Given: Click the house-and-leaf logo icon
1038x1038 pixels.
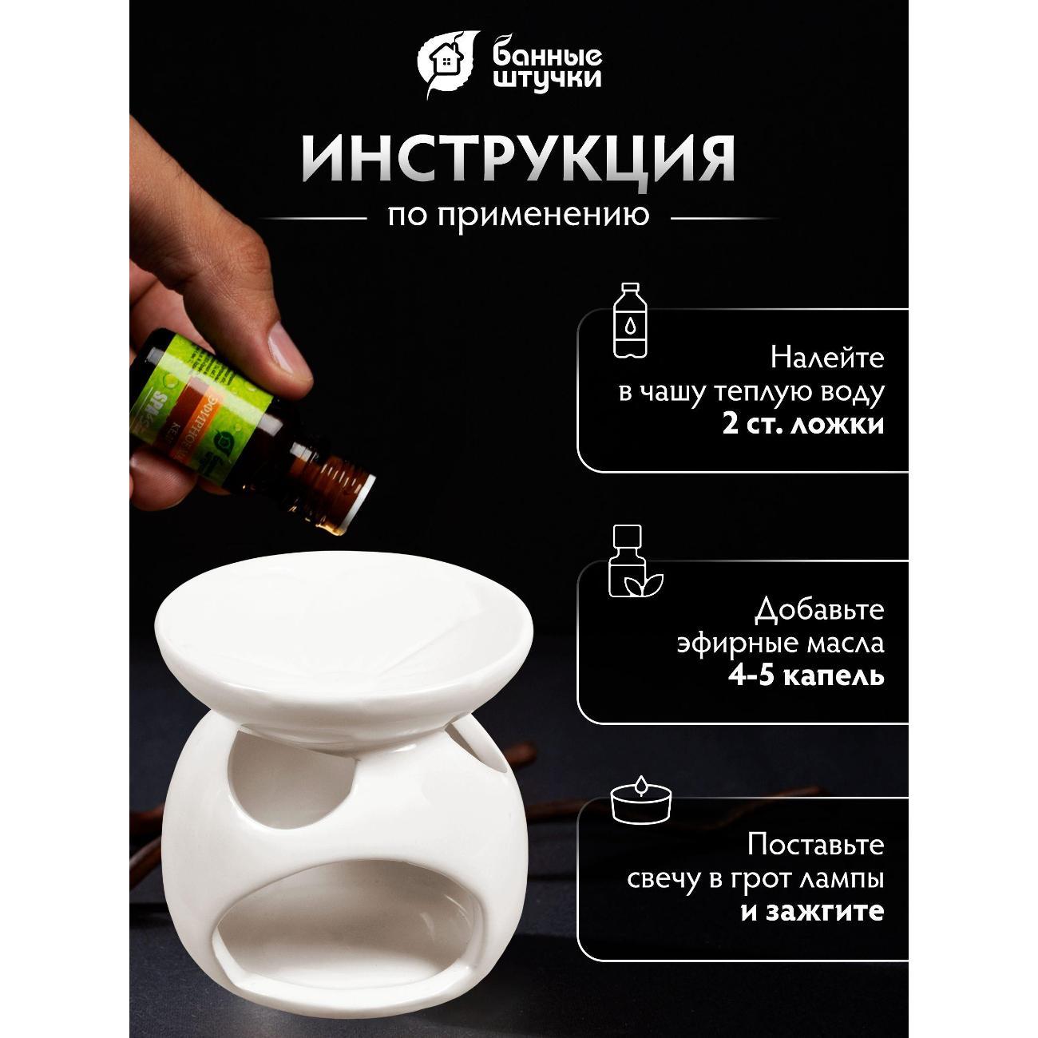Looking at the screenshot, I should pos(449,65).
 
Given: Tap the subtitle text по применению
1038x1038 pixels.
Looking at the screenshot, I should pos(518,216).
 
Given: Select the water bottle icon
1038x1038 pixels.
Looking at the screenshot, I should pos(630,319).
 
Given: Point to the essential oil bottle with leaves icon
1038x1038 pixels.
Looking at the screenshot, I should pos(628,561).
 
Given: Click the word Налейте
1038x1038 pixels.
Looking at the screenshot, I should pos(826,358).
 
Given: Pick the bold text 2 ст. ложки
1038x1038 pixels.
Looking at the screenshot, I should pos(803,423).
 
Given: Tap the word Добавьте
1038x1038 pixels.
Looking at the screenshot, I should pos(819,611).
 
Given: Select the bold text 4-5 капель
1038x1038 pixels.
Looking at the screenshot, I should pos(806,676).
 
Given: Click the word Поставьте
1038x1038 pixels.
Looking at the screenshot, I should pos(816,845).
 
